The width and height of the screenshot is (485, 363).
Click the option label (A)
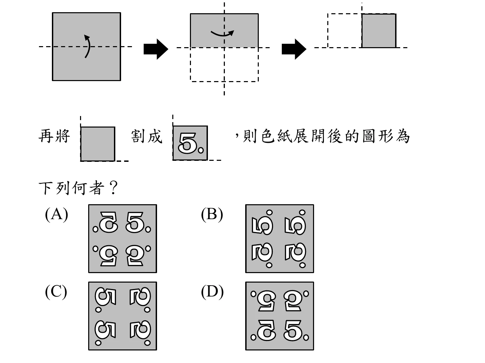pos(56,214)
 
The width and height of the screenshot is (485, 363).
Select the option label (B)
pos(212,214)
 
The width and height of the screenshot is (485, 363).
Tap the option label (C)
pos(56,292)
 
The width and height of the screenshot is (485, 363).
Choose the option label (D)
pos(212,292)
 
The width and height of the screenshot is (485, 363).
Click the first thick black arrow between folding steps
pos(156,49)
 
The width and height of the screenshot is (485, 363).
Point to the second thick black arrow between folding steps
pos(294,49)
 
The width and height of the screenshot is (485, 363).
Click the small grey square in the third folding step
pos(379,31)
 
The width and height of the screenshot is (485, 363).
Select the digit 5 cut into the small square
pos(187,143)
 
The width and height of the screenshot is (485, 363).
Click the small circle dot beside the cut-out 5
pos(201,150)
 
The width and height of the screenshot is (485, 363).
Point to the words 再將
pos(54,136)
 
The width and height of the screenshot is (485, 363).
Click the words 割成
pos(147,136)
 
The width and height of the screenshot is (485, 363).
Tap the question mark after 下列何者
pos(113,188)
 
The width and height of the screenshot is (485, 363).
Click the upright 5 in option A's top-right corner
pos(135,223)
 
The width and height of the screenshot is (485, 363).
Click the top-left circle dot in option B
pos(269,213)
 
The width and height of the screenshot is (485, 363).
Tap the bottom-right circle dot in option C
pos(148,343)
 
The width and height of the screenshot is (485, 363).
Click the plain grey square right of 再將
pos(98,144)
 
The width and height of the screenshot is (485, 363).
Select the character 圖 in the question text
pos(369,136)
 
